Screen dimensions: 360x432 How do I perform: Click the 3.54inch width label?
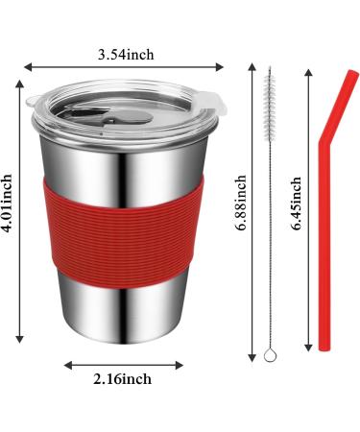pyautogui.click(x=126, y=55)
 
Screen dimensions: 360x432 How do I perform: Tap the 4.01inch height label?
pyautogui.click(x=7, y=203)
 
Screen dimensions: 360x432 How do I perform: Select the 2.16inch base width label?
pyautogui.click(x=123, y=379)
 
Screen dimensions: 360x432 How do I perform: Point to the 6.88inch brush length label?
pyautogui.click(x=240, y=203)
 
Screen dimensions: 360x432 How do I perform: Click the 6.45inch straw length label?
pyautogui.click(x=296, y=203)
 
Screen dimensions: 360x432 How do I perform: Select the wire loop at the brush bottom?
pyautogui.click(x=270, y=355)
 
